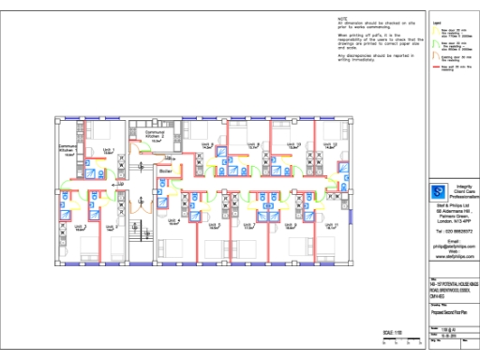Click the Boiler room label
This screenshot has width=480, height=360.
[166, 172]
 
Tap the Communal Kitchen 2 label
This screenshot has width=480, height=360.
[154, 134]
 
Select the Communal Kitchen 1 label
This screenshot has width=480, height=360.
[67, 148]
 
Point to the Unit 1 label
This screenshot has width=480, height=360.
[80, 226]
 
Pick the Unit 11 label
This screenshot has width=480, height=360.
[329, 225]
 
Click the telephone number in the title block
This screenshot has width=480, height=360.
[454, 230]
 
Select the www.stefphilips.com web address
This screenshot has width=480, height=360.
[454, 255]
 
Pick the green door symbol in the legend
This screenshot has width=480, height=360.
[436, 32]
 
